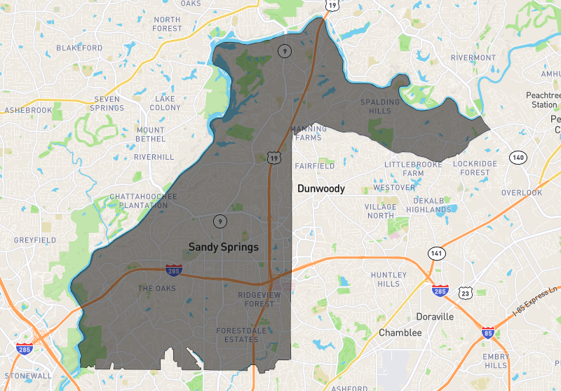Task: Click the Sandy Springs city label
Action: click(224, 247)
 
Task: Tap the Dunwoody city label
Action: click(321, 188)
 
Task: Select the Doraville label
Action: click(435, 317)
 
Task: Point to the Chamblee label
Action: click(400, 333)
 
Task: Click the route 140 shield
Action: click(518, 157)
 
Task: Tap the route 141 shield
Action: click(438, 252)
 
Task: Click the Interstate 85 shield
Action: click(487, 334)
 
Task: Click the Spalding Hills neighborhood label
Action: click(380, 107)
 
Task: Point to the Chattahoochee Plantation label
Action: click(144, 201)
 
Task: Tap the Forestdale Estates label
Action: click(237, 335)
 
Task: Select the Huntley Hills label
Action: click(389, 279)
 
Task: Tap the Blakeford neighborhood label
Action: click(79, 48)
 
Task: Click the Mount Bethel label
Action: click(151, 135)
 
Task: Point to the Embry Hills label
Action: click(496, 361)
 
